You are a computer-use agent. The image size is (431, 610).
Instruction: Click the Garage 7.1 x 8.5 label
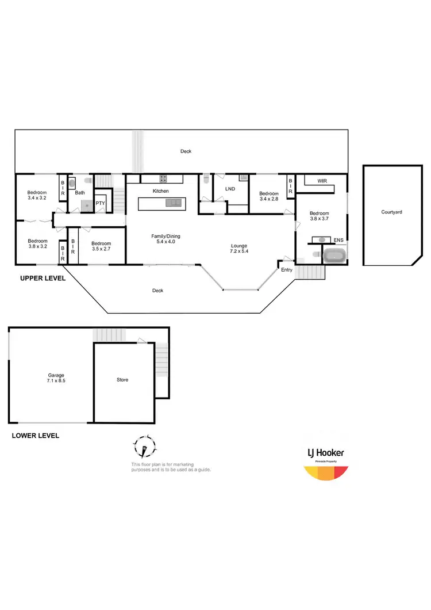(56, 378)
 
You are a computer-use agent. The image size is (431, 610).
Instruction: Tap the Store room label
(122, 380)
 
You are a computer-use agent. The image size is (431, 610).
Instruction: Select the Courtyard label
(391, 212)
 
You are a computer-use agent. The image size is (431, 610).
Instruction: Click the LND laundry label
(230, 189)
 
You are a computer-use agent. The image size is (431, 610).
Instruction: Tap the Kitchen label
(160, 190)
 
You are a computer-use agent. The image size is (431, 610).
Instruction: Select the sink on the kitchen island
(173, 203)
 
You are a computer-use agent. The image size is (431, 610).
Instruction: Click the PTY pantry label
(100, 203)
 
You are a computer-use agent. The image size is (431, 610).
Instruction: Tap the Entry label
(286, 269)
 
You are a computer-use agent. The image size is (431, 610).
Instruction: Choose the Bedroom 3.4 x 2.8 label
(269, 196)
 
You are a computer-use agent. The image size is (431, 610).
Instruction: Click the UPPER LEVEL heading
(43, 278)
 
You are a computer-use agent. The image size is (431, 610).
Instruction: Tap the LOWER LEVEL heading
(35, 436)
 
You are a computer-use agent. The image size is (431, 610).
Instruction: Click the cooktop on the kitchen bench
(163, 178)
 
